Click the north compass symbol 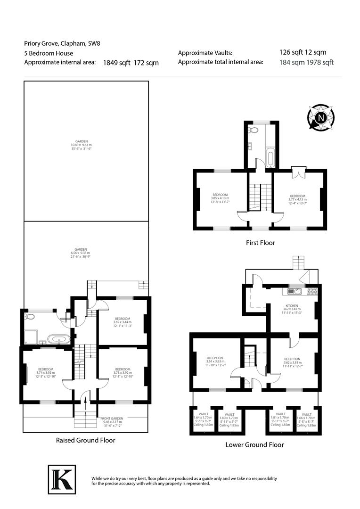pos(320,118)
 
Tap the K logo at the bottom pos(62,479)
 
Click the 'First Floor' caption pos(260,243)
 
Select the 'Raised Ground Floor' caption pos(86,440)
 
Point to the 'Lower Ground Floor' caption pos(254,444)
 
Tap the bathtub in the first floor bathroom pos(270,158)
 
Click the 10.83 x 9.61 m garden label pos(79,146)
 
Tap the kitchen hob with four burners pos(311,291)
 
